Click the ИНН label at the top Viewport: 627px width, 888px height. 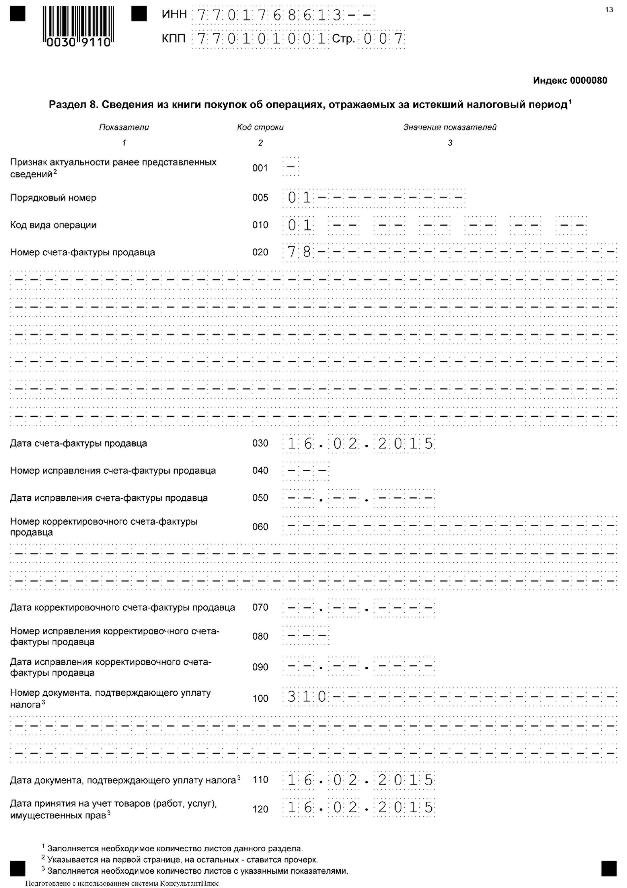pyautogui.click(x=174, y=15)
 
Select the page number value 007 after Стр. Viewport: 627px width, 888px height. pyautogui.click(x=383, y=39)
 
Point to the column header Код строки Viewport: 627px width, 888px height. pyautogui.click(x=260, y=127)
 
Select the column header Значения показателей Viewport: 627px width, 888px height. pyautogui.click(x=450, y=127)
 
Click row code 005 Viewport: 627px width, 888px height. pyautogui.click(x=260, y=198)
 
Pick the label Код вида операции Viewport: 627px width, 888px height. pyautogui.click(x=53, y=225)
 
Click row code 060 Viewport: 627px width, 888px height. pyautogui.click(x=260, y=527)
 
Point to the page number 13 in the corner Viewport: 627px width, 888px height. pyautogui.click(x=609, y=10)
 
